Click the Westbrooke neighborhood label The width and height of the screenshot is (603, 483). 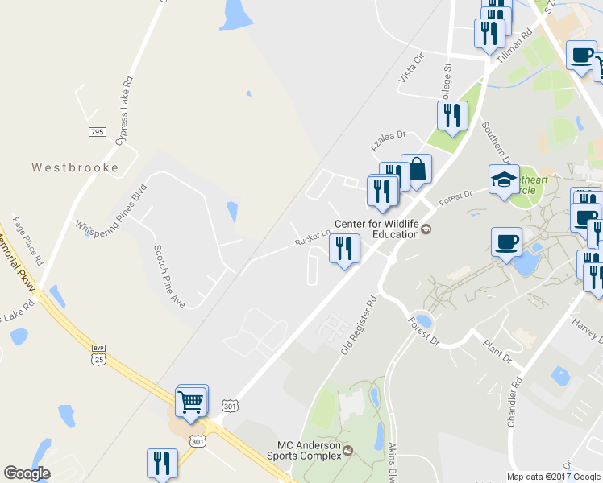tap(75, 168)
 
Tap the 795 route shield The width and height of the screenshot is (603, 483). tap(98, 131)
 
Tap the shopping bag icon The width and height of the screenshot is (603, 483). tap(417, 170)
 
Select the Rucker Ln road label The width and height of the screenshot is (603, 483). tap(313, 238)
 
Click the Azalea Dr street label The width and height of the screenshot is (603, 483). tap(386, 142)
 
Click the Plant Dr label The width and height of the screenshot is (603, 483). tap(497, 349)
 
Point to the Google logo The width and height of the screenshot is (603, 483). tap(27, 473)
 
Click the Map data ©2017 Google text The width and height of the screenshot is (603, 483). tap(555, 477)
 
